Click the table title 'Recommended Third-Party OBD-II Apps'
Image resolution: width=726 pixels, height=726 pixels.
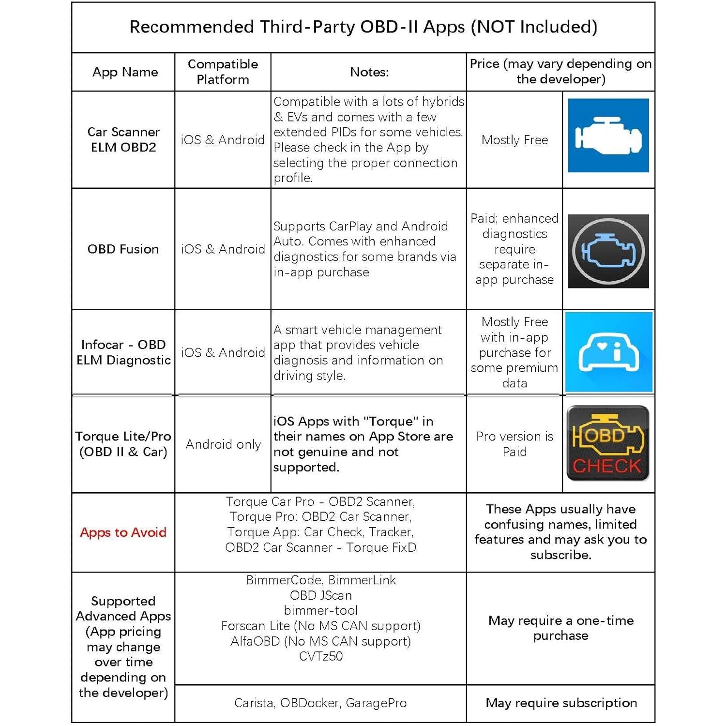click(363, 27)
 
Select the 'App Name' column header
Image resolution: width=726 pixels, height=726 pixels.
click(125, 72)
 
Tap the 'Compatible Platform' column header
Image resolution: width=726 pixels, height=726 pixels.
click(223, 72)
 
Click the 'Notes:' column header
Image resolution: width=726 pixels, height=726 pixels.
click(369, 72)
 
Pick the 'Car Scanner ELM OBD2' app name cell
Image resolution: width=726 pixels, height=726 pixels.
click(123, 139)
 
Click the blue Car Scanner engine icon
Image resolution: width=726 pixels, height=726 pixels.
click(608, 136)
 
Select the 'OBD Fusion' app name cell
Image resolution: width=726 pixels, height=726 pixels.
click(123, 249)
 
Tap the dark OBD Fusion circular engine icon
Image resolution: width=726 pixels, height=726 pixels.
click(608, 251)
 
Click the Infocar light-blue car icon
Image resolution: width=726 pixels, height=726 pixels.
click(609, 352)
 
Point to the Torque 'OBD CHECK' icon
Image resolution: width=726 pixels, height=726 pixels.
click(608, 443)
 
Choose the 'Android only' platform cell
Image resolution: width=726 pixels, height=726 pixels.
click(223, 444)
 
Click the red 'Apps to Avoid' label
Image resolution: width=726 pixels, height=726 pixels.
click(123, 532)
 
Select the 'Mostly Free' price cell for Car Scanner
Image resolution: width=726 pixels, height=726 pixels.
click(514, 140)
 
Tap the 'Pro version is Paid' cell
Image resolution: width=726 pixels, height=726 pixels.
click(514, 444)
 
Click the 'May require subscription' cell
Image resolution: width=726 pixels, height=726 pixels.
click(561, 703)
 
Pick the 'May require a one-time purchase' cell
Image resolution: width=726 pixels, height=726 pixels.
click(561, 628)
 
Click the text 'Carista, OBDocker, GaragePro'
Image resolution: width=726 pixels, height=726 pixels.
click(320, 703)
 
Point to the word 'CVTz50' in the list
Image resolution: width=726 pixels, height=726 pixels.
click(320, 656)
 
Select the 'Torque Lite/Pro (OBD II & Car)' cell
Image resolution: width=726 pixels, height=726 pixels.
click(123, 444)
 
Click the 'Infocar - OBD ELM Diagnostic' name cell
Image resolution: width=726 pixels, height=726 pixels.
click(123, 352)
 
